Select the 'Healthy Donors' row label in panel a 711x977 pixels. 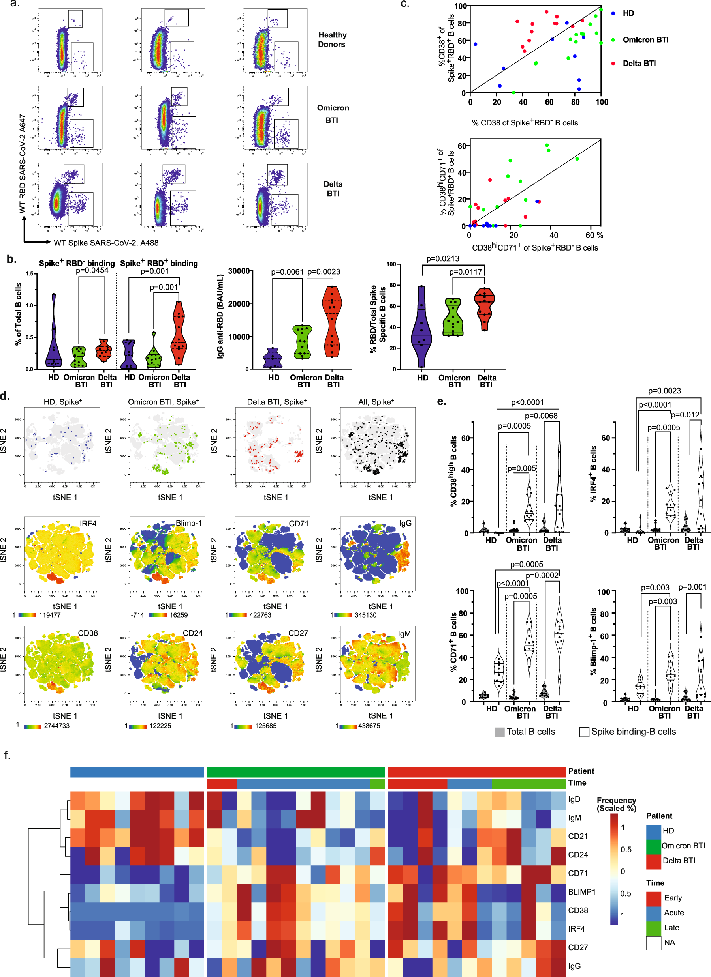[x=332, y=39]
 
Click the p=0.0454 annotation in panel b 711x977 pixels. [x=92, y=271]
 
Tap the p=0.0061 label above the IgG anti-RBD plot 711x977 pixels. [x=287, y=272]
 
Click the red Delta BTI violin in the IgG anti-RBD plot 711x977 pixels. [x=332, y=321]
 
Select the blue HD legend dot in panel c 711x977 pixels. [x=613, y=13]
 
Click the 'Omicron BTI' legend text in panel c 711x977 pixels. [x=645, y=39]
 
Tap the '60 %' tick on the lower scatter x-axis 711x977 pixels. [x=594, y=235]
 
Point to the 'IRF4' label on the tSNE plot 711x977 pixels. [x=88, y=523]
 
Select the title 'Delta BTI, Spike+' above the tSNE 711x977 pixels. [x=276, y=402]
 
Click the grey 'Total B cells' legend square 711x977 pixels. [x=500, y=732]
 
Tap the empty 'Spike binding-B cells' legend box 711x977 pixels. [x=584, y=732]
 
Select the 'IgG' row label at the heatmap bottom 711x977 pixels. [x=574, y=966]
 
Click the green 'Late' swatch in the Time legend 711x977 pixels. [x=654, y=927]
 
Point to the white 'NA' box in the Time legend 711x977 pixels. [x=654, y=943]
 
